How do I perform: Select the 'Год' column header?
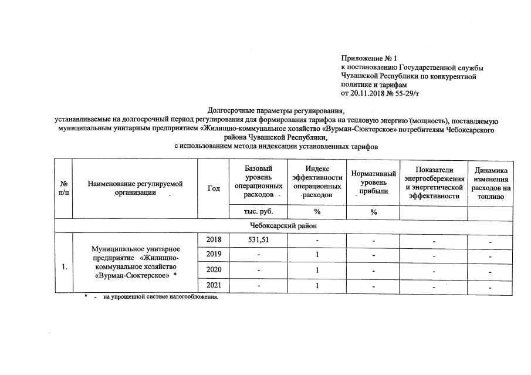[214, 188]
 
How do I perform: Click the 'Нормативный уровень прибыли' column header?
[373, 183]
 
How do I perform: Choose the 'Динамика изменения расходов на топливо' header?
[492, 183]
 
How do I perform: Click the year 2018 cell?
[214, 239]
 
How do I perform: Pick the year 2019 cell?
[214, 255]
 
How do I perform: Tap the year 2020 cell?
[214, 270]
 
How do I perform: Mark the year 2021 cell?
[214, 285]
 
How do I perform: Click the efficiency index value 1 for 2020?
[317, 270]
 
